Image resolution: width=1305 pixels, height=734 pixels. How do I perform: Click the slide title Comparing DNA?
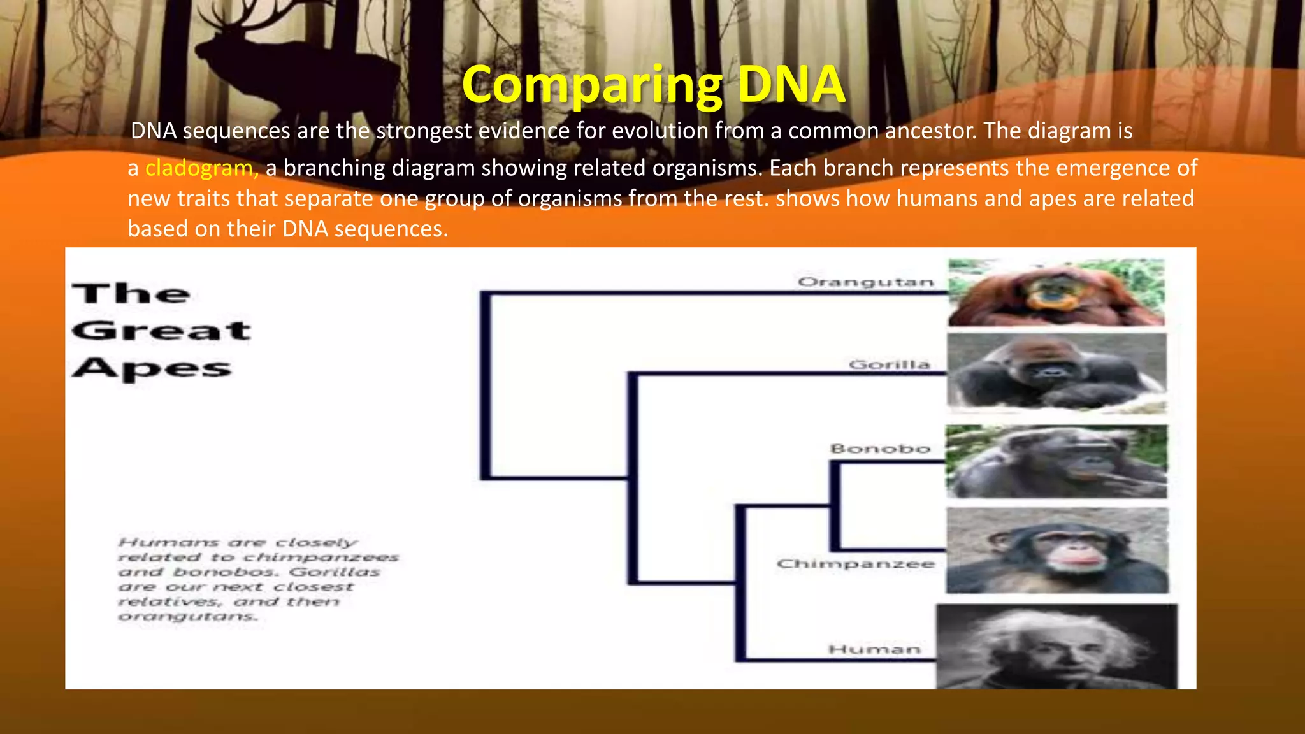[x=653, y=85]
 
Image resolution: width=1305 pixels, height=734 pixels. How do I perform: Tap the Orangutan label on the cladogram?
[x=866, y=282]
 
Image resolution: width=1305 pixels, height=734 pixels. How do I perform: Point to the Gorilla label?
[x=890, y=364]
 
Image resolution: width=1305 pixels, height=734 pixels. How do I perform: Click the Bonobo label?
[x=880, y=449]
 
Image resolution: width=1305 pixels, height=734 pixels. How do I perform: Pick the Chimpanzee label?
[x=855, y=564]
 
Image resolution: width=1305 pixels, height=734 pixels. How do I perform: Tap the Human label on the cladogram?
[x=874, y=649]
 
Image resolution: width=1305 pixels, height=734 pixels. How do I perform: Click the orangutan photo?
[x=1056, y=293]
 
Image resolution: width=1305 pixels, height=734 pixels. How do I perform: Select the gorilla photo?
[x=1056, y=373]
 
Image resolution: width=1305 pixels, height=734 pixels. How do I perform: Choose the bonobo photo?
[x=1056, y=461]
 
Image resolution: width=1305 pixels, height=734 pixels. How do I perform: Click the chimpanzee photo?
[x=1057, y=550]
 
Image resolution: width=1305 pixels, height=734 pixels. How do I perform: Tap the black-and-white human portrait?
[x=1056, y=646]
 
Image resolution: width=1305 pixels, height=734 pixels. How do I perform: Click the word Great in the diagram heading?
[x=161, y=331]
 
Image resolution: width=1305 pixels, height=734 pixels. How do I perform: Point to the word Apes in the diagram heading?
[x=152, y=369]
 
